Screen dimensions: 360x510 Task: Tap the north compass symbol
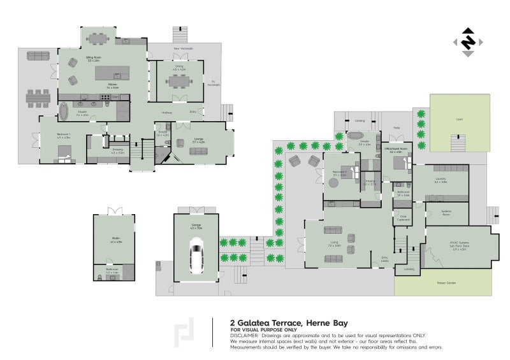pos(469,41)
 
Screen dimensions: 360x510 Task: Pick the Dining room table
pos(177,80)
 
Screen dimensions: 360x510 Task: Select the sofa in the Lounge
pos(198,151)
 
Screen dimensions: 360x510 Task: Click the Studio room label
pos(115,240)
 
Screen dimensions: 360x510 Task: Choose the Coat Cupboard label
pos(402,218)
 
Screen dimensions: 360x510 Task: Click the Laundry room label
pos(441,180)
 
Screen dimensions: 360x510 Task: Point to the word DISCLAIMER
pos(245,335)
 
